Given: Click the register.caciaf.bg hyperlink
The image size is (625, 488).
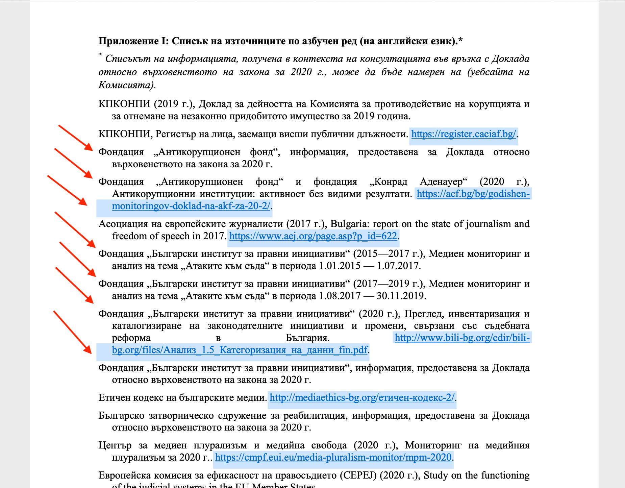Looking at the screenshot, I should click(464, 134).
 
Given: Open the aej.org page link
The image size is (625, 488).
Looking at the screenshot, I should click(313, 236).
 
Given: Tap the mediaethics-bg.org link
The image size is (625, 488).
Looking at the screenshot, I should click(362, 397).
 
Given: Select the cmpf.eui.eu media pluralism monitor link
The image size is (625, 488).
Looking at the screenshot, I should click(333, 457).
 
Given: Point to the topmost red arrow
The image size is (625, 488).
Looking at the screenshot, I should click(76, 138).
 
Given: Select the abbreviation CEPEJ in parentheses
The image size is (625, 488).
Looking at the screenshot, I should click(361, 475).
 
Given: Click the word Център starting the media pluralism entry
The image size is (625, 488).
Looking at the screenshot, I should click(115, 445).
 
